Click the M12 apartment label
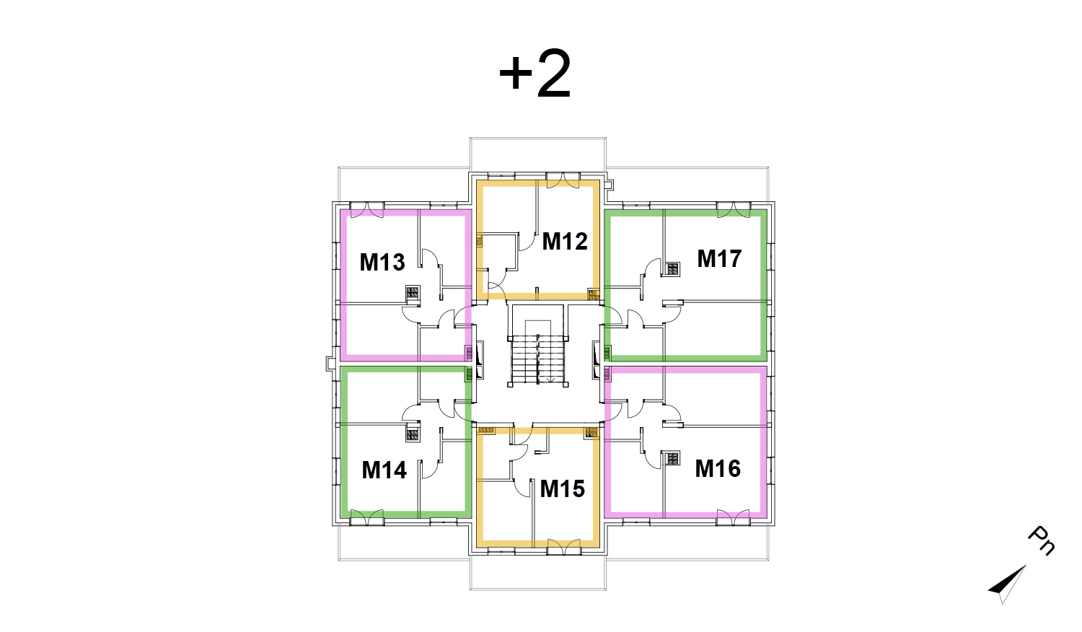point(565,241)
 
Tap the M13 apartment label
point(382,263)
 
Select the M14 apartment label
point(384,470)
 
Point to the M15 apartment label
point(562,489)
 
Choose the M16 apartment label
point(718,469)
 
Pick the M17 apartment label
point(719,258)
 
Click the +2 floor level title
point(535,74)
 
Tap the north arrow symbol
point(1007,584)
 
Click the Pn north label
point(1042,540)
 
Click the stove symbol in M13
point(413,292)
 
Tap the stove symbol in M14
point(413,435)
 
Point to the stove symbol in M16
point(672,457)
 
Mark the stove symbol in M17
point(672,269)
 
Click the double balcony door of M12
point(563,180)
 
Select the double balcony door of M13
point(366,210)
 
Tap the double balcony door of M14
point(366,517)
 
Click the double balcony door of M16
point(734,517)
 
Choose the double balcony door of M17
point(734,210)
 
